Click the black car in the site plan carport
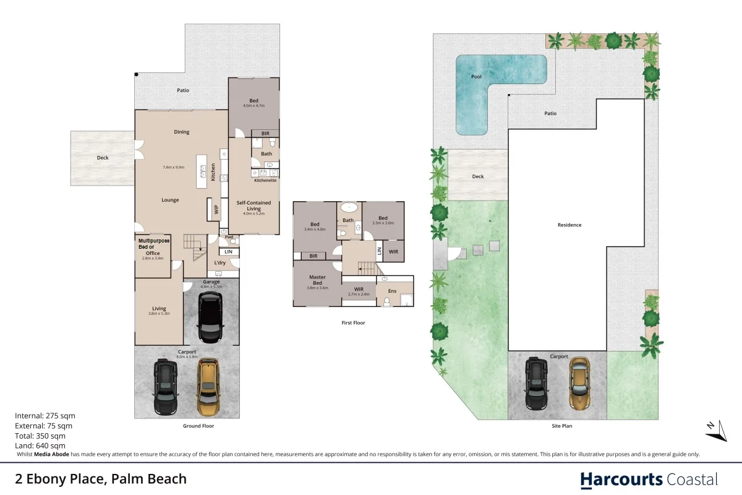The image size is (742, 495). click(536, 384)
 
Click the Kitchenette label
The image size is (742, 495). click(265, 180)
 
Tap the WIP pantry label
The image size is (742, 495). click(216, 210)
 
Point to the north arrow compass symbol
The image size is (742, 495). click(715, 431)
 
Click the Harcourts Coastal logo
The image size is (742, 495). click(649, 480)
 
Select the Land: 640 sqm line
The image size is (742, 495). click(40, 445)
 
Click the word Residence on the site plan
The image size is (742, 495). click(569, 225)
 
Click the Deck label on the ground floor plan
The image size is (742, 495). click(103, 158)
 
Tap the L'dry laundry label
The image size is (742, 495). click(220, 264)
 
